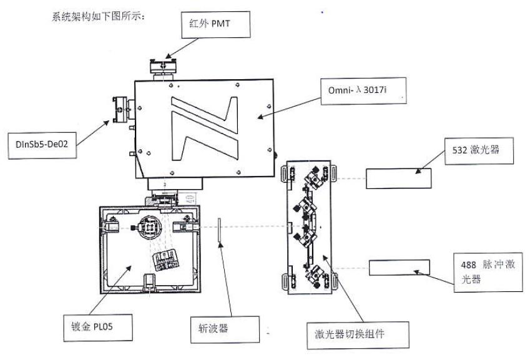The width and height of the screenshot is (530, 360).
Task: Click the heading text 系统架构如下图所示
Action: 99,17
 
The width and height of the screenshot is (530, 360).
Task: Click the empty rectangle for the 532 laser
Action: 398,178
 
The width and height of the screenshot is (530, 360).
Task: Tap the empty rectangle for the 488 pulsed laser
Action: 400,268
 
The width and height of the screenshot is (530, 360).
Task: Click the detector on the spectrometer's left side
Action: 122,110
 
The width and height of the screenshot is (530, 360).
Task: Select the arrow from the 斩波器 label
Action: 225,278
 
